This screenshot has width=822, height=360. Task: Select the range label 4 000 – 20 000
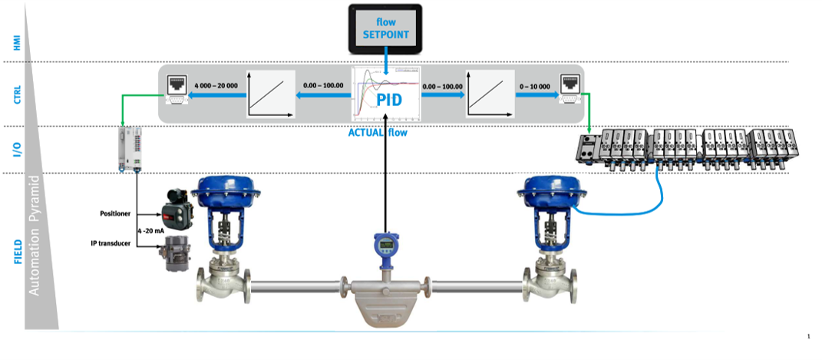[x=216, y=86]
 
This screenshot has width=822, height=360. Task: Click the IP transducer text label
[x=112, y=243]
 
